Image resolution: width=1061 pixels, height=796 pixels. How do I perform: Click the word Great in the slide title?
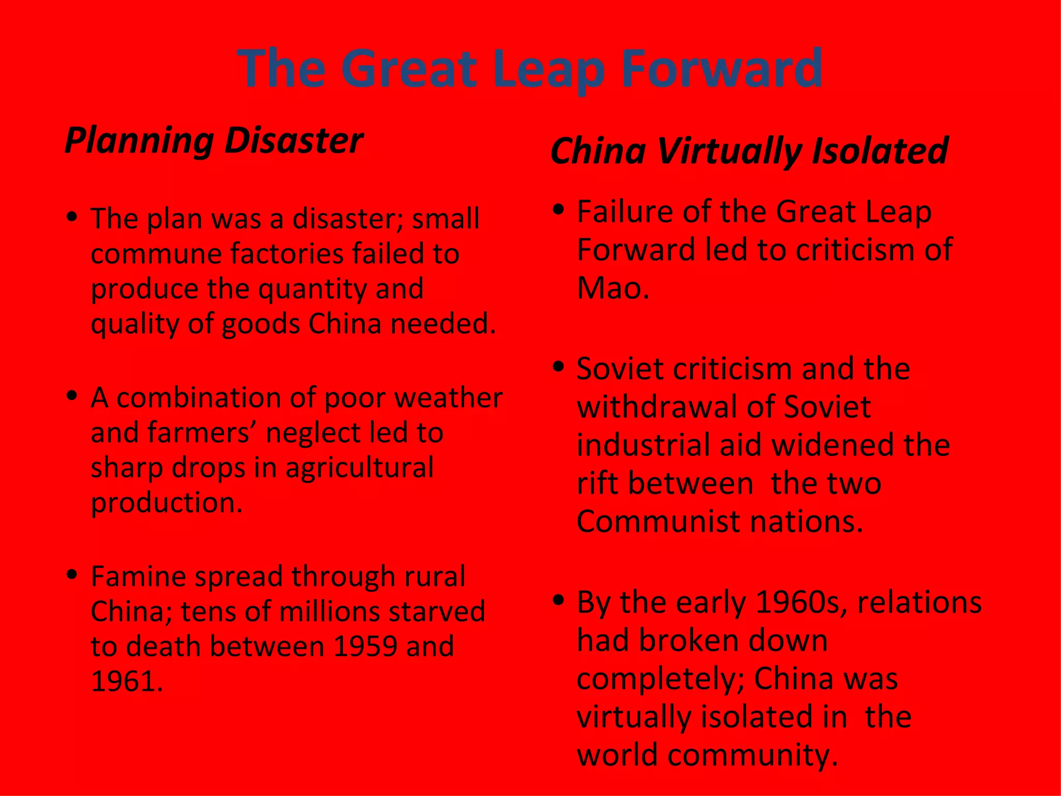pos(408,68)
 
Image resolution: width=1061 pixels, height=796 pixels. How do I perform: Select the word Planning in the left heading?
pos(139,141)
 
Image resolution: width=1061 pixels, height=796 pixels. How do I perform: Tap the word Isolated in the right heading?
pos(880,151)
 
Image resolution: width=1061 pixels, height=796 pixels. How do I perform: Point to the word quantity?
pos(313,290)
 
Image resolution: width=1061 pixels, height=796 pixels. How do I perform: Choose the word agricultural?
pos(359,467)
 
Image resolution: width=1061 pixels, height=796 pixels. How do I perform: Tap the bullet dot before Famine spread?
pos(73,574)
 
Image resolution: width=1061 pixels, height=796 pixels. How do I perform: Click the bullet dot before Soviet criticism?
pos(558,366)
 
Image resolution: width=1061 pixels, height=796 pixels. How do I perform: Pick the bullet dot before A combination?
pos(73,396)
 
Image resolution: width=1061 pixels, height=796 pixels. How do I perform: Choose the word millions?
pos(331,612)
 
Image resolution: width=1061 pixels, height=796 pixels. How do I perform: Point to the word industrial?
pos(644,445)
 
